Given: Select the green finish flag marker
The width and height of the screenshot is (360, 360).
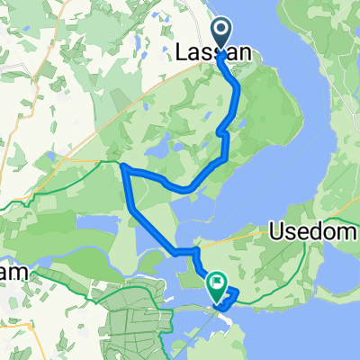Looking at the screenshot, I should click(x=217, y=286).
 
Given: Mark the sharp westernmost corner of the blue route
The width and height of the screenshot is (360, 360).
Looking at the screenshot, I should click(x=121, y=166).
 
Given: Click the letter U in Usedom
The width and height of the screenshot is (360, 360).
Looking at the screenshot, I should click(x=277, y=232).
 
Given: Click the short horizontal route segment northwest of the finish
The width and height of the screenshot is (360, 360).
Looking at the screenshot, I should click(x=185, y=251).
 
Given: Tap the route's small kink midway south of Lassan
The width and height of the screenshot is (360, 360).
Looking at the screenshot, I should click(x=222, y=133).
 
